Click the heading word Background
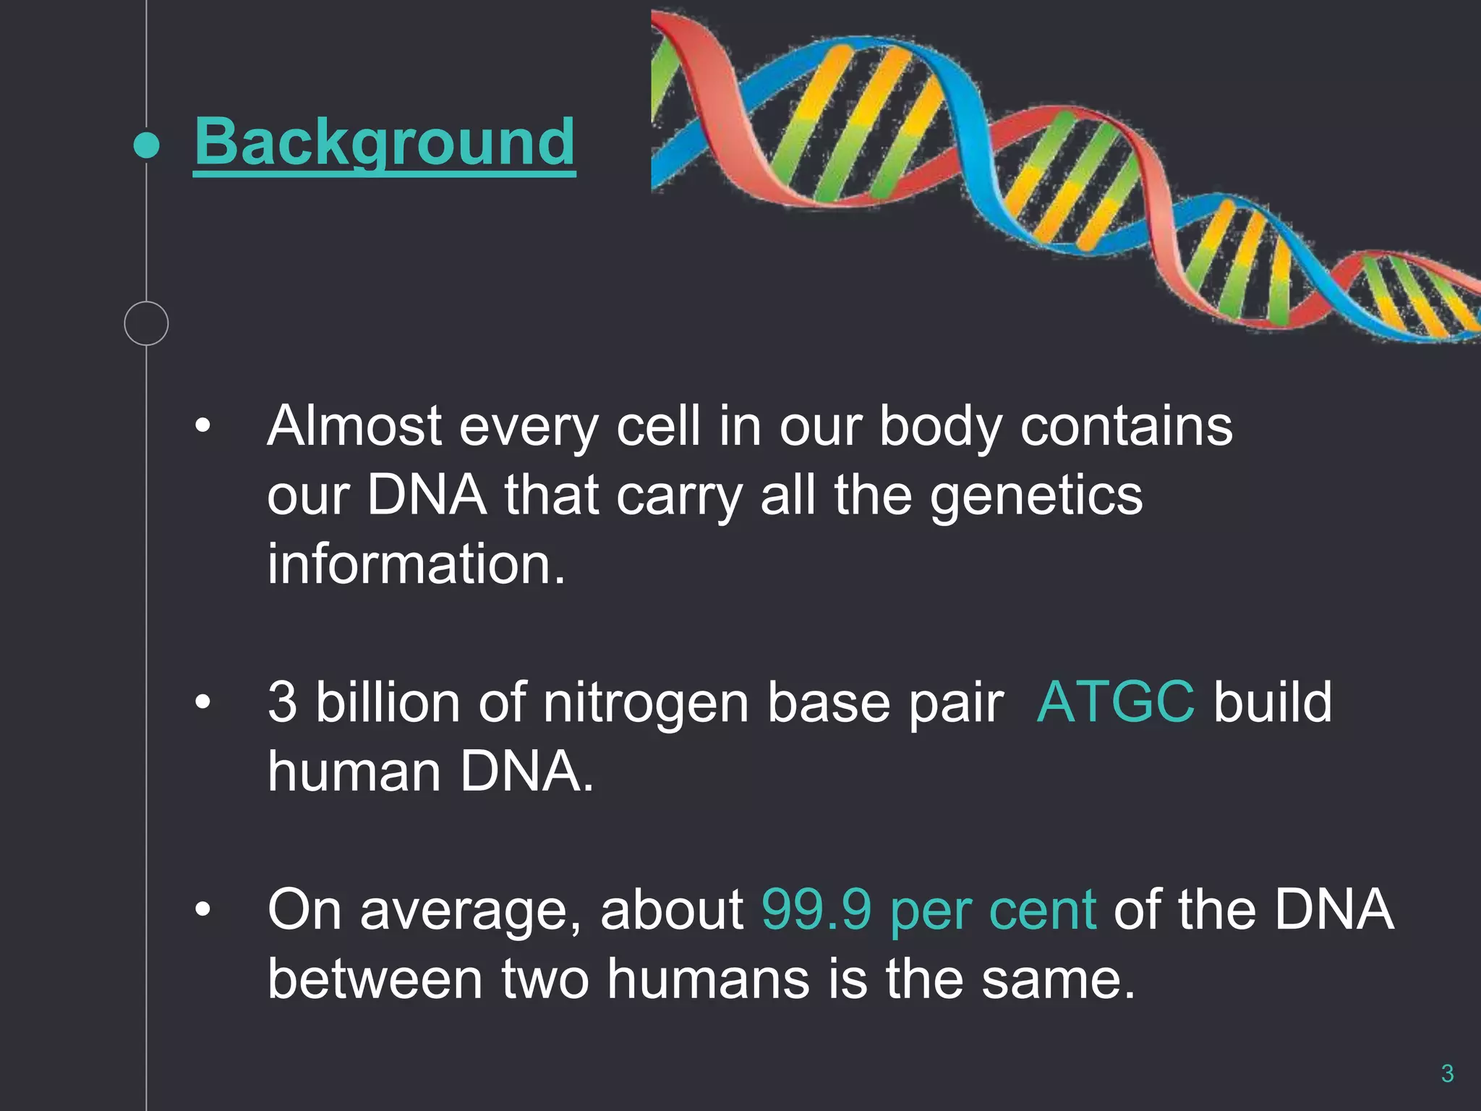[x=384, y=142]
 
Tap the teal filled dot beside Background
[x=147, y=145]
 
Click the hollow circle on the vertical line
[x=146, y=323]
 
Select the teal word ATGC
[x=1115, y=702]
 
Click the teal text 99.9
[x=816, y=909]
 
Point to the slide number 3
[x=1447, y=1073]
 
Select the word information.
[x=416, y=564]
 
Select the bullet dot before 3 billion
[x=203, y=702]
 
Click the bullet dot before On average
[x=203, y=909]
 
